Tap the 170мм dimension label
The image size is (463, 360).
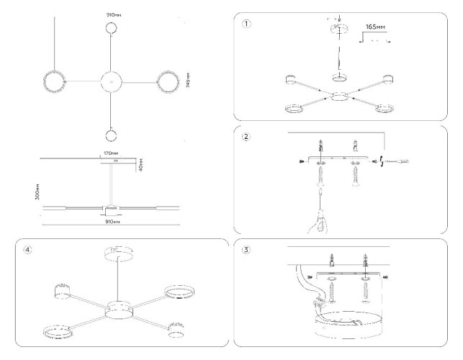111,153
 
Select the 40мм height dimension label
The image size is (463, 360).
142,165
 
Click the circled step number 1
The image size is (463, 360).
248,22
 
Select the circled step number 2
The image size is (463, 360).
248,138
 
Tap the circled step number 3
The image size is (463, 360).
248,251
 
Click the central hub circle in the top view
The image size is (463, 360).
112,81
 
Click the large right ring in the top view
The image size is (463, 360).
167,81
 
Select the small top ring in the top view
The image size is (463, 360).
112,29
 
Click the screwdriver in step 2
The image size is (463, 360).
396,163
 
